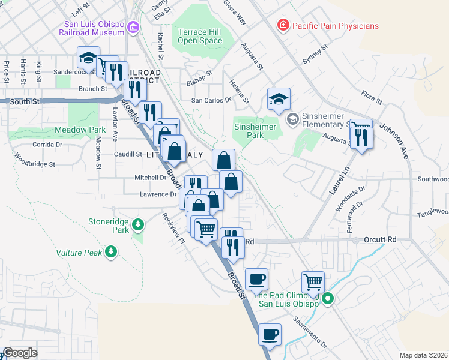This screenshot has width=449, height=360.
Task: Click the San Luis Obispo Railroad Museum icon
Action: (133, 28)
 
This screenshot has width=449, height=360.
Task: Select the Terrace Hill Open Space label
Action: (200, 36)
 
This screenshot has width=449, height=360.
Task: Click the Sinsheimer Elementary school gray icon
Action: (292, 119)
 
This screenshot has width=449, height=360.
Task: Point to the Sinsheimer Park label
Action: (255, 131)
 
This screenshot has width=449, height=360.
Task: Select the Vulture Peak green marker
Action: (110, 252)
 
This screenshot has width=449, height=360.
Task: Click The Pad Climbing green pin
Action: (328, 298)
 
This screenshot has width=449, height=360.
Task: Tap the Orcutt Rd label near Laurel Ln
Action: (381, 239)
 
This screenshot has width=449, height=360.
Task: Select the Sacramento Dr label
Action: (310, 332)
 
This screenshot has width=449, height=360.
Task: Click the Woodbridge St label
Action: (35, 163)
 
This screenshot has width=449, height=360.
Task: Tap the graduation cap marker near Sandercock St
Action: (88, 58)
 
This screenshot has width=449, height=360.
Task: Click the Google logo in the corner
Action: (19, 353)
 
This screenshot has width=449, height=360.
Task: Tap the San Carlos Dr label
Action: (211, 100)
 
